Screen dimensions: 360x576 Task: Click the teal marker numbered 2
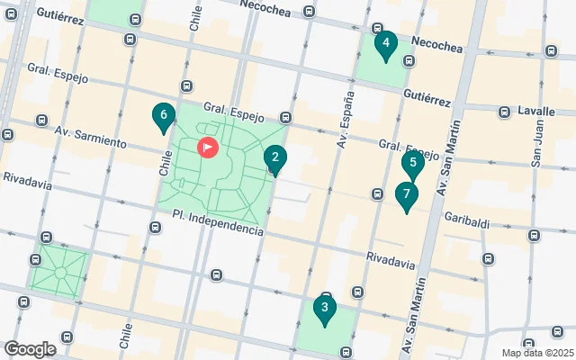274,159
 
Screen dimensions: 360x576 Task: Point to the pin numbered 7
406,195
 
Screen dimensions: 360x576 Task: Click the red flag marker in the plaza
207,146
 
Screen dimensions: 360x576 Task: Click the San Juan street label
537,145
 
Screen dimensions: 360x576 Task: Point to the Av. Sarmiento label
87,130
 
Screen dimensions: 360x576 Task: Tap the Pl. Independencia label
218,224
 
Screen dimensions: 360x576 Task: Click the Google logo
30,349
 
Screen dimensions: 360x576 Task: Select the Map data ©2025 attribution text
536,352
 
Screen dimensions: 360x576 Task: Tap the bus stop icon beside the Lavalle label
505,111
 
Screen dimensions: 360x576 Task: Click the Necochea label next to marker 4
436,42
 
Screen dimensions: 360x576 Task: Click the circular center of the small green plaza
59,272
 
